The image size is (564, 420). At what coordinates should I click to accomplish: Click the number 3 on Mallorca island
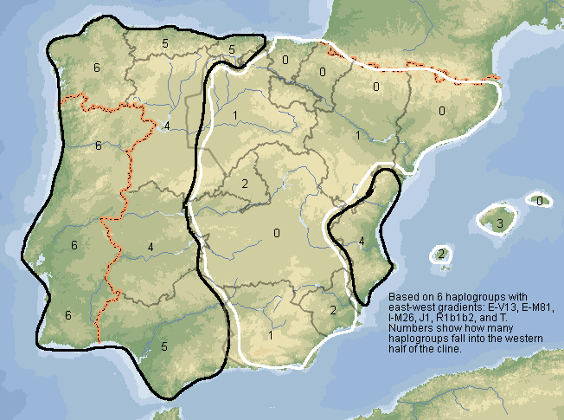pos(499,224)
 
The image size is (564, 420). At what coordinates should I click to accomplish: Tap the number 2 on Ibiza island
pos(441,254)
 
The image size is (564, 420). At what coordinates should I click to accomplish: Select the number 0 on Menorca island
pos(539,201)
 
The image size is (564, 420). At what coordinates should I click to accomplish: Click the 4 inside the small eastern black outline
pos(362,240)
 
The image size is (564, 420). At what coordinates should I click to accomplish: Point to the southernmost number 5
pos(163,346)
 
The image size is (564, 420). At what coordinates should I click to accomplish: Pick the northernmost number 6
pos(97,68)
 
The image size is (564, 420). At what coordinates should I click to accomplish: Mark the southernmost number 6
pos(67,315)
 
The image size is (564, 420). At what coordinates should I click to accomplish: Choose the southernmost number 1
pos(270,335)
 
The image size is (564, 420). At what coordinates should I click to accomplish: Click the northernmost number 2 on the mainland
pos(245,184)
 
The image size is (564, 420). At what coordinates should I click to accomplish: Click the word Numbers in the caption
pos(409,328)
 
